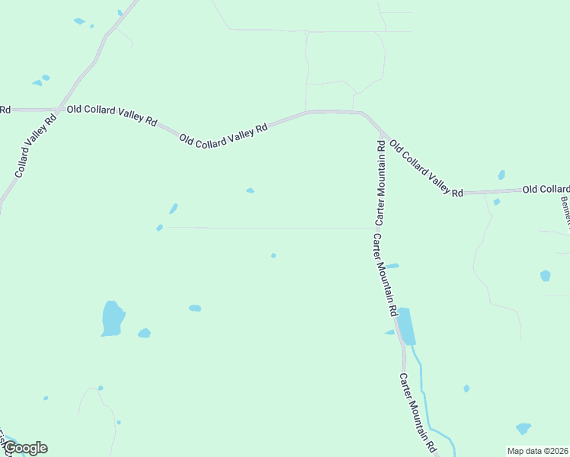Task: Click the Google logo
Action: (25, 448)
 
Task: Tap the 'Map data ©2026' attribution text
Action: (537, 450)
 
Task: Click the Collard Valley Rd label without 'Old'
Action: (36, 145)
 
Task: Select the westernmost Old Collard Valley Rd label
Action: (111, 115)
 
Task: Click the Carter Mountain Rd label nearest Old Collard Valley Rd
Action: (379, 181)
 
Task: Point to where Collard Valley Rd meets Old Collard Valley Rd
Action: (58, 110)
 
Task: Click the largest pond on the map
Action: (112, 318)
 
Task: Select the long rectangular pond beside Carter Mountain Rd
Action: (406, 326)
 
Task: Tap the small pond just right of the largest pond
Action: (144, 333)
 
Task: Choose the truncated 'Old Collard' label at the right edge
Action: (546, 189)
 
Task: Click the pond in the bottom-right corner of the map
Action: (523, 428)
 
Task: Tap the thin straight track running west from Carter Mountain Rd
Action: (267, 227)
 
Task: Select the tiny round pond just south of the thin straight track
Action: (273, 255)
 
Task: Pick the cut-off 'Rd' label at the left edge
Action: (5, 110)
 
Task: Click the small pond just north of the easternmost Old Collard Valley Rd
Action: (501, 174)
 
